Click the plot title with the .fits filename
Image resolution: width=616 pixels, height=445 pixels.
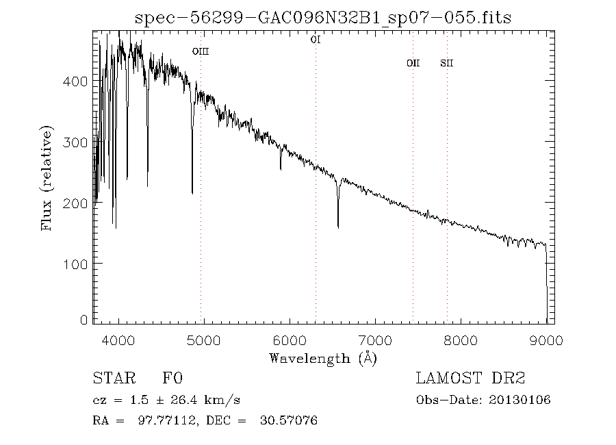tap(323, 17)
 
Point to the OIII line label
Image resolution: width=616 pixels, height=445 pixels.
tap(200, 51)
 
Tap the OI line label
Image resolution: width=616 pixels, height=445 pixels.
tap(316, 40)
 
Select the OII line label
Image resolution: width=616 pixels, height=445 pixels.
tap(413, 64)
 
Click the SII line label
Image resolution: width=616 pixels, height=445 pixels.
tap(447, 64)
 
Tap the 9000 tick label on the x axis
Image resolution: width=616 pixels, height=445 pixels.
tap(546, 341)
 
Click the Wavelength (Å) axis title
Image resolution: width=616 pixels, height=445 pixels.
tap(323, 358)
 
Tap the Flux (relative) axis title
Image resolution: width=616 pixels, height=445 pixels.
tap(48, 177)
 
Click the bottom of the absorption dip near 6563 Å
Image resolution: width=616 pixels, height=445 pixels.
tap(338, 227)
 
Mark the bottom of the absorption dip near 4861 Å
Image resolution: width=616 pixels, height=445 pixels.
tap(192, 193)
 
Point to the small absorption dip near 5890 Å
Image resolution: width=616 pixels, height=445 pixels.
tap(281, 168)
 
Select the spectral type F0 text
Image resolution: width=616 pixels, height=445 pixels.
tap(172, 379)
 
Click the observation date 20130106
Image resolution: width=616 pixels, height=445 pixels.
tap(522, 400)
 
